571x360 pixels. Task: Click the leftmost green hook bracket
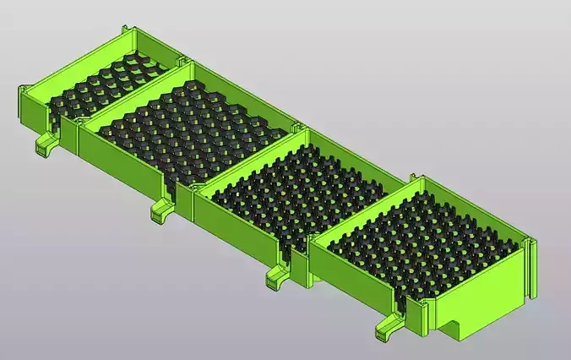pyautogui.click(x=45, y=144)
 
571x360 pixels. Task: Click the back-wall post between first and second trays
pyautogui.click(x=181, y=60)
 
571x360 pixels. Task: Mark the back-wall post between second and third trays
pyautogui.click(x=298, y=127)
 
